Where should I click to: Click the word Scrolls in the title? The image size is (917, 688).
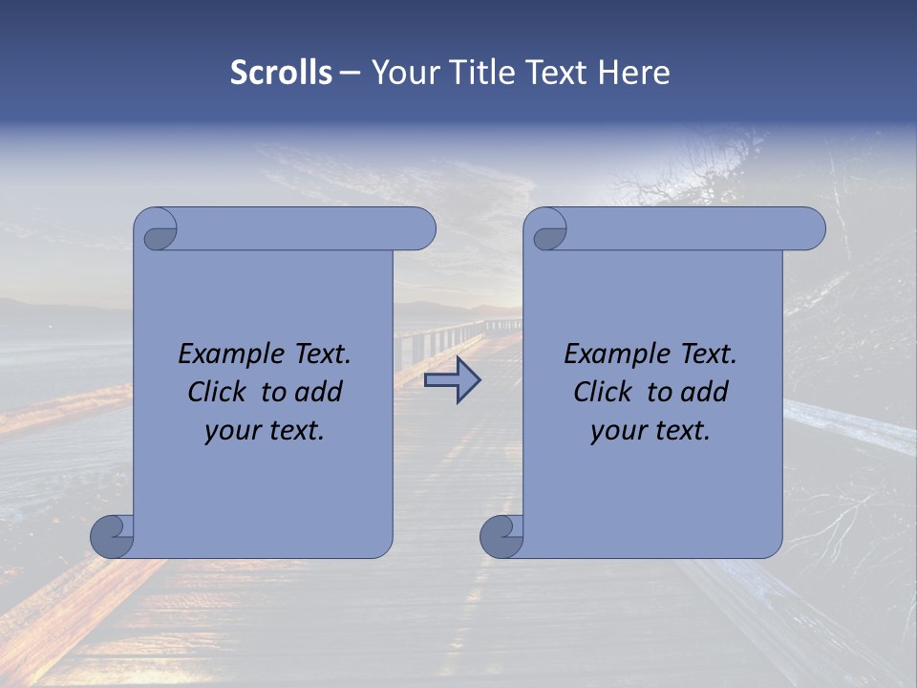281,73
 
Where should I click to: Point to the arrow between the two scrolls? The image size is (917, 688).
452,380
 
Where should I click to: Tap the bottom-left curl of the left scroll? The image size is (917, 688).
113,536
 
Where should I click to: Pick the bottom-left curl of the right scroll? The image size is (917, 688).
502,536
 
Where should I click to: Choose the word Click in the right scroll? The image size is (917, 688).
603,392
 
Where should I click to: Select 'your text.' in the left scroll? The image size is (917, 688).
265,431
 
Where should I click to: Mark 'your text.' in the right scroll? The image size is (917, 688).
650,431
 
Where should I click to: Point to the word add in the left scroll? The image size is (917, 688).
319,392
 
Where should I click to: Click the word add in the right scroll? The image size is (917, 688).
705,392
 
